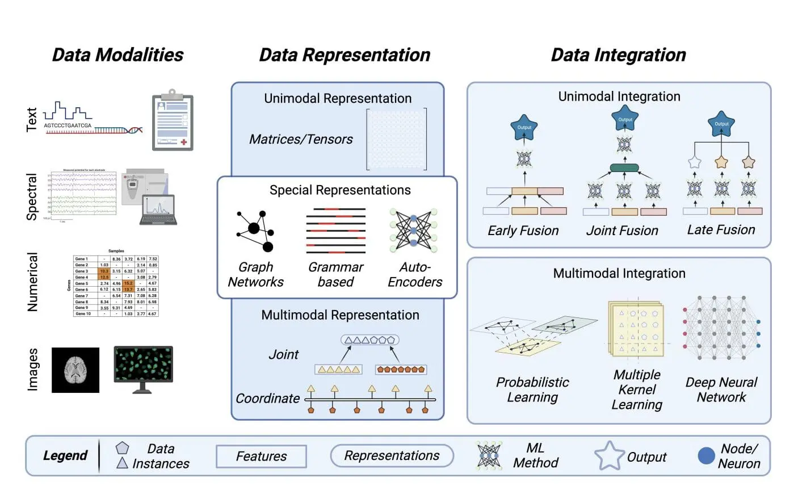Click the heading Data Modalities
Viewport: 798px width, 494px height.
coord(117,55)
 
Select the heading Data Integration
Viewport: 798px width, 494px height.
coord(618,55)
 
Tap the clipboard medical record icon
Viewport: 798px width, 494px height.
coord(173,120)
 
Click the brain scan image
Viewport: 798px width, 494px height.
coord(75,370)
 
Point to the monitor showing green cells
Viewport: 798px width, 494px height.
coord(143,366)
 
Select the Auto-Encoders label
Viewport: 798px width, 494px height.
coord(415,275)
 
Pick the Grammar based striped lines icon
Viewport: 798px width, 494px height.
coord(335,231)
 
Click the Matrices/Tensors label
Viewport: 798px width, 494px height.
coord(301,139)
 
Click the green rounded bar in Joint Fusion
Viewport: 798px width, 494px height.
coord(624,168)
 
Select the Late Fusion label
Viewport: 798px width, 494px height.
coord(721,230)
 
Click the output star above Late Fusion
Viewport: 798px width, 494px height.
coord(721,124)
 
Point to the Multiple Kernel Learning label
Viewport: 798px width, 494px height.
coord(637,390)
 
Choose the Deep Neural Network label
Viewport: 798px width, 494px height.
coord(721,390)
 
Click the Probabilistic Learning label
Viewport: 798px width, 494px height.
coord(532,390)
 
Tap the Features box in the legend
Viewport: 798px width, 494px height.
coord(261,456)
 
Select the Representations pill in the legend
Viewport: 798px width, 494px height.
coord(392,456)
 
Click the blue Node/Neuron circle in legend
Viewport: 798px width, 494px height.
coord(706,455)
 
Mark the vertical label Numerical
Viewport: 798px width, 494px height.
coord(33,282)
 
